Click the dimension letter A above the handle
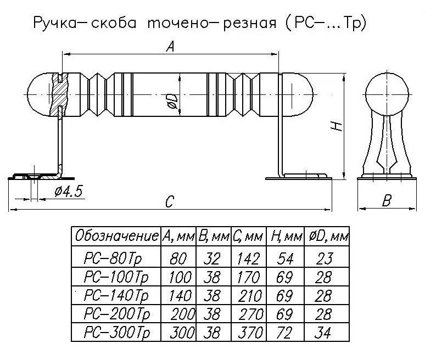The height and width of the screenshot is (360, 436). [170, 48]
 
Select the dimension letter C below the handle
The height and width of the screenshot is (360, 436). [169, 203]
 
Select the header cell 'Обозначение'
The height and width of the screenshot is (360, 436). [116, 237]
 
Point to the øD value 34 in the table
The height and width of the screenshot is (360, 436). [323, 333]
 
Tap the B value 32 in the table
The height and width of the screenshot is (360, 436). [213, 257]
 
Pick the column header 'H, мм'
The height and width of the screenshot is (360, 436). [286, 237]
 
